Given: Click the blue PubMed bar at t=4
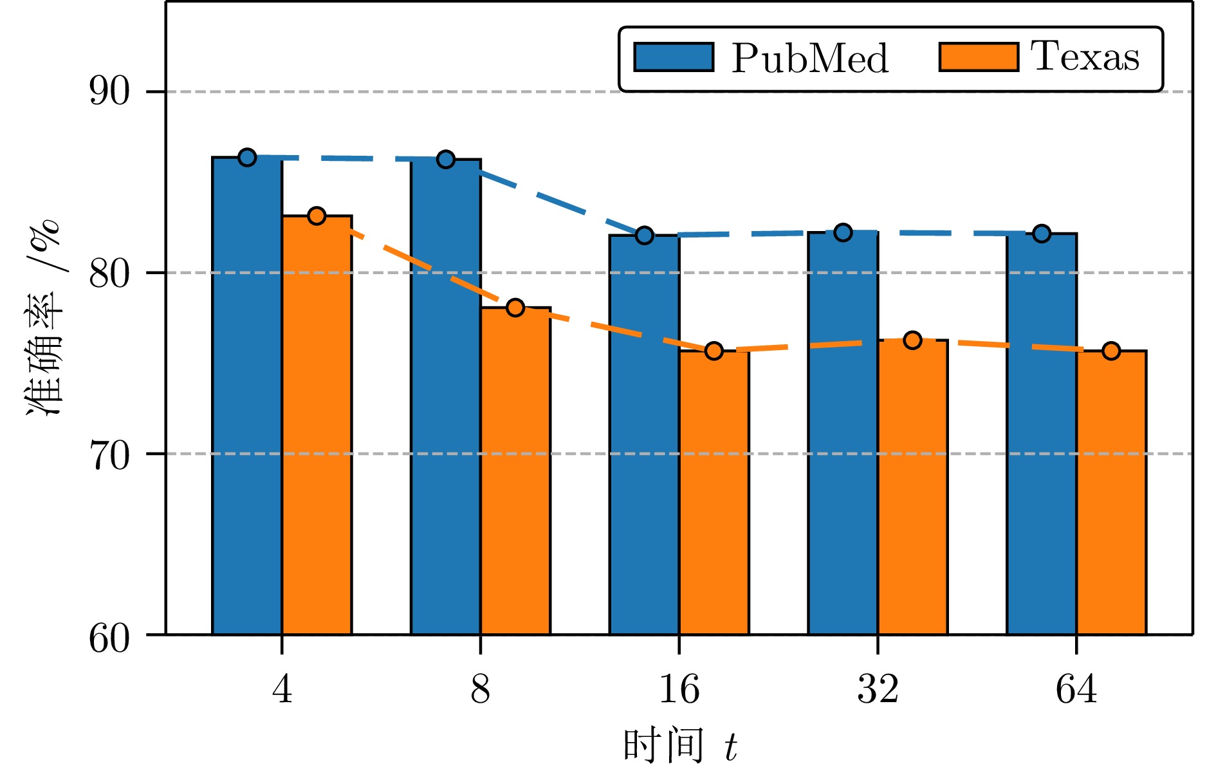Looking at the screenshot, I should click(x=247, y=396).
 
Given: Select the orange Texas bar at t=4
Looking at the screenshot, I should click(x=317, y=425).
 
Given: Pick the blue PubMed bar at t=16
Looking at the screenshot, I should click(x=644, y=434).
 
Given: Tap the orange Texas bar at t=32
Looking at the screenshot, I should click(x=912, y=487).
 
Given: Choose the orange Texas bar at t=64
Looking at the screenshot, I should click(x=1111, y=492).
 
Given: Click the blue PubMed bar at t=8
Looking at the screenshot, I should click(x=446, y=396).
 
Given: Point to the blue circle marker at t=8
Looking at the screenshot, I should click(x=446, y=159).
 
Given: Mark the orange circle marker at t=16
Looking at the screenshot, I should click(x=714, y=351).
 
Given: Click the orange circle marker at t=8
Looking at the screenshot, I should click(x=515, y=308).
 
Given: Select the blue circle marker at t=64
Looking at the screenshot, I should click(x=1042, y=234).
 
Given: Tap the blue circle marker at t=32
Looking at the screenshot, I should click(x=843, y=232).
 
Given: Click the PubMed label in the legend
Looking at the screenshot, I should click(x=810, y=59).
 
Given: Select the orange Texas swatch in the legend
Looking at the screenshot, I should click(x=978, y=57).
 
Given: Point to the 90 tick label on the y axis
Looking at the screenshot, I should click(x=109, y=92).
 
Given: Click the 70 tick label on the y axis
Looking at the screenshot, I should click(x=109, y=454).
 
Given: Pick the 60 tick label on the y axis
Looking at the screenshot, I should click(x=109, y=638).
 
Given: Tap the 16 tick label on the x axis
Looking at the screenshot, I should click(x=679, y=689).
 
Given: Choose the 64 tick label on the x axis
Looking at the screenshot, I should click(x=1076, y=689).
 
